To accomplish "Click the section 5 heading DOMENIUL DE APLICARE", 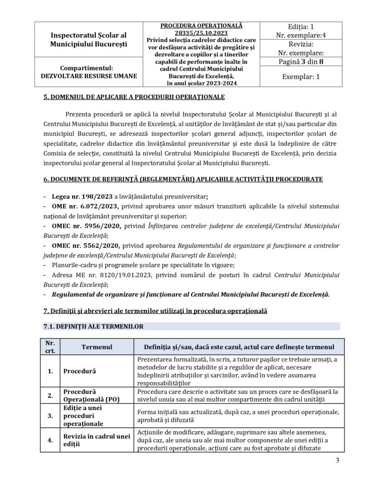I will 133,98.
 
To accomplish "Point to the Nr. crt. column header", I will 50,347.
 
